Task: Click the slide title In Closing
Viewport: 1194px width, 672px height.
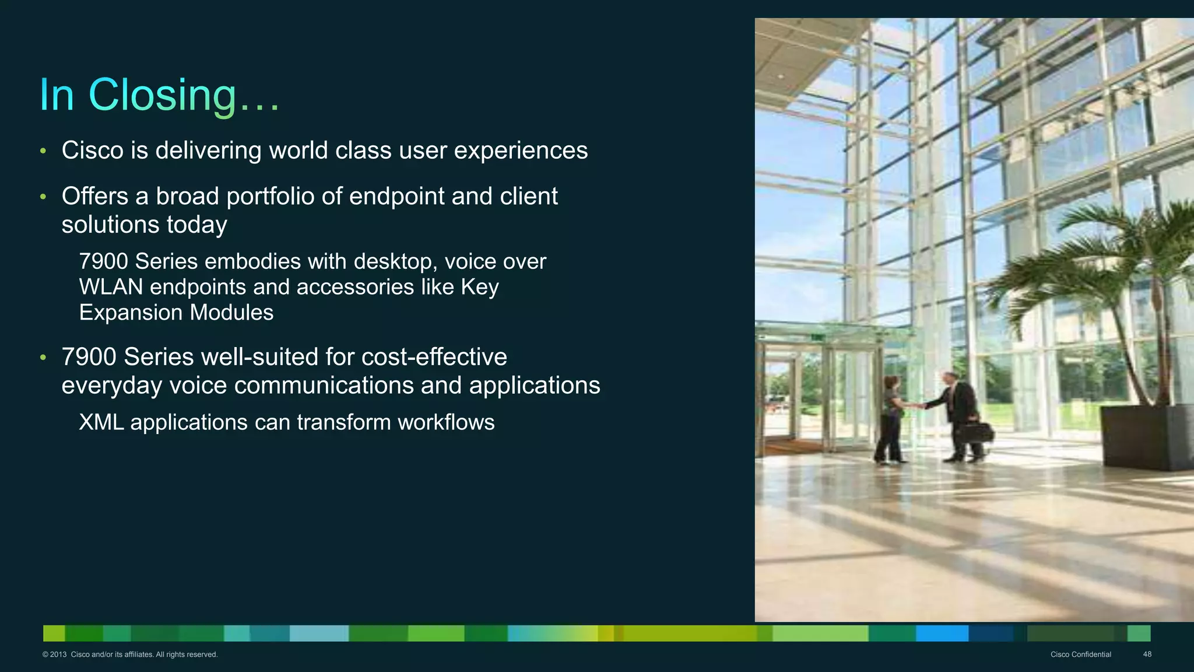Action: pos(159,94)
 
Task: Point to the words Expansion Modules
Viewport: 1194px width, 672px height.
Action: pos(176,313)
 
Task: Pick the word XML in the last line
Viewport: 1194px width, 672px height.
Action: pos(101,422)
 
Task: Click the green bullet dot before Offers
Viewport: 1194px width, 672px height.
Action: pos(43,197)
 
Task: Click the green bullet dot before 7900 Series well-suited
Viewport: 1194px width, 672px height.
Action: pos(43,358)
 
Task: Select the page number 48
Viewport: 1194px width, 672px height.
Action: pos(1147,654)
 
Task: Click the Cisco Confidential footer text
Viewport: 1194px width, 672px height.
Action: pos(1080,654)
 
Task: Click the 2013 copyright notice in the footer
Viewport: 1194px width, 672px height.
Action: pos(129,654)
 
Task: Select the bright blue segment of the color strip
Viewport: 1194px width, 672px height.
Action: pos(942,633)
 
